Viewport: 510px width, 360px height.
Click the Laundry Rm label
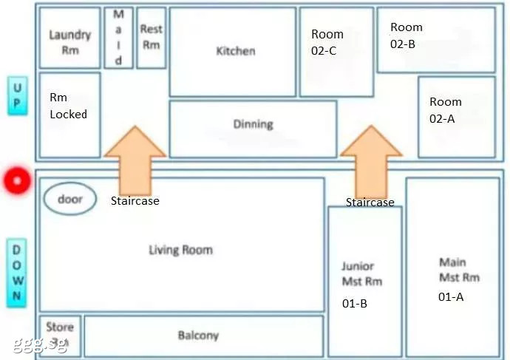pyautogui.click(x=70, y=42)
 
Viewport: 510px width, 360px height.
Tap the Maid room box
pyautogui.click(x=119, y=38)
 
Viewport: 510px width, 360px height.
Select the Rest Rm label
pyautogui.click(x=152, y=37)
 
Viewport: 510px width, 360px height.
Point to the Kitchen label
pyautogui.click(x=236, y=51)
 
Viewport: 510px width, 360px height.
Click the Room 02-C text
pyautogui.click(x=327, y=42)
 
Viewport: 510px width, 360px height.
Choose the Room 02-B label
pyautogui.click(x=407, y=35)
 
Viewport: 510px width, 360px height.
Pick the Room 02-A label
pyautogui.click(x=446, y=110)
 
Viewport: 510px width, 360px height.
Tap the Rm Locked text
pyautogui.click(x=68, y=106)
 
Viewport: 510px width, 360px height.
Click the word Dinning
pyautogui.click(x=254, y=124)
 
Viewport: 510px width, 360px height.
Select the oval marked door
pyautogui.click(x=70, y=199)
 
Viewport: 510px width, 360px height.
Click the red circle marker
pyautogui.click(x=17, y=181)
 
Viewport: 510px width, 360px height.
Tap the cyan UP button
pyautogui.click(x=18, y=96)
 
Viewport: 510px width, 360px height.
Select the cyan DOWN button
pyautogui.click(x=17, y=273)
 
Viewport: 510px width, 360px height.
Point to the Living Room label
pyautogui.click(x=181, y=250)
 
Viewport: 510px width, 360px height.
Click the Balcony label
pyautogui.click(x=198, y=336)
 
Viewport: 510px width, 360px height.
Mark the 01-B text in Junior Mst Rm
pyautogui.click(x=355, y=303)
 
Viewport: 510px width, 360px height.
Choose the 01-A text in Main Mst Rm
pyautogui.click(x=451, y=296)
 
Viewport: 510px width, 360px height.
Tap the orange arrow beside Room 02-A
pyautogui.click(x=371, y=161)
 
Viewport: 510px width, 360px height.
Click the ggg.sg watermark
pyautogui.click(x=41, y=344)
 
